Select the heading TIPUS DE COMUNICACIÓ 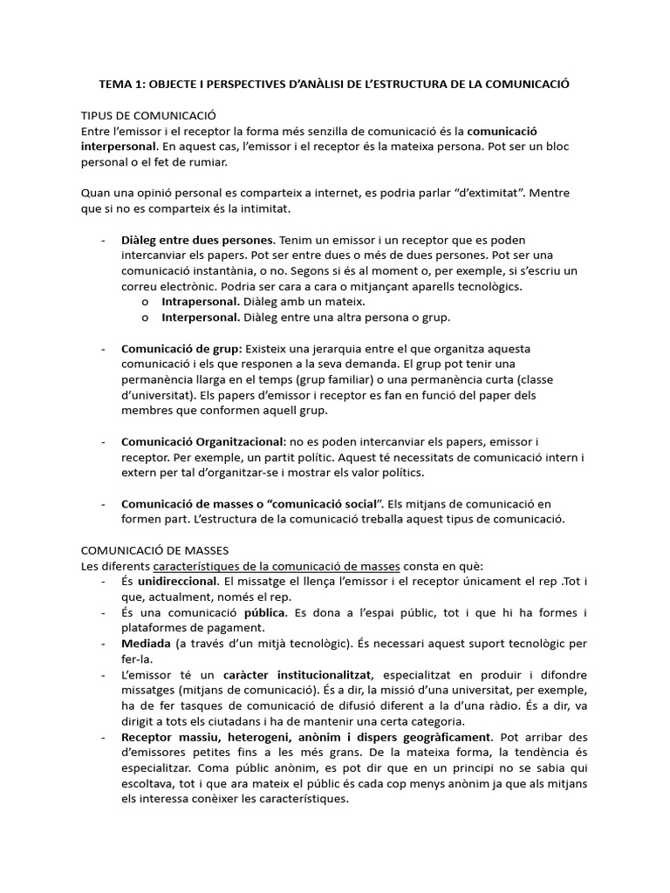coord(147,115)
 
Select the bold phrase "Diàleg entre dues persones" coord(198,240)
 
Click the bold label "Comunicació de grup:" coord(181,348)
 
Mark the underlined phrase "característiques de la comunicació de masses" coord(265,566)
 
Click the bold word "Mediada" coord(146,644)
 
